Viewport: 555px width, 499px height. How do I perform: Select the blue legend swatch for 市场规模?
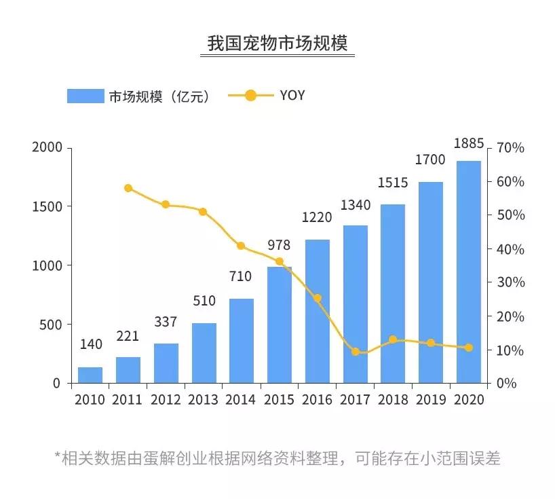tap(85, 96)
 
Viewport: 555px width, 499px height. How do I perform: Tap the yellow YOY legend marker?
tap(250, 96)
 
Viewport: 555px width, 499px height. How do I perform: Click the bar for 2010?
tap(90, 375)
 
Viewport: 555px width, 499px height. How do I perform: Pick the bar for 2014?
tap(242, 341)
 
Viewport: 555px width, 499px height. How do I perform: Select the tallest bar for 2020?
tap(469, 272)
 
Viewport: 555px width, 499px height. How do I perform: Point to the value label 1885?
tap(469, 144)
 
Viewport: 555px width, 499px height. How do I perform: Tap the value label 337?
tap(166, 322)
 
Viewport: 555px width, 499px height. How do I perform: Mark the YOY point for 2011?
tap(128, 188)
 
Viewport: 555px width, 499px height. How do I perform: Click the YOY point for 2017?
tap(356, 352)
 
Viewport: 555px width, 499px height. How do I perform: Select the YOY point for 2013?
tap(203, 212)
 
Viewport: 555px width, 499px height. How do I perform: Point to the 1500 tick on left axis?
tap(47, 206)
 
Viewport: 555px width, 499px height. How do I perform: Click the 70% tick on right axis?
tap(511, 148)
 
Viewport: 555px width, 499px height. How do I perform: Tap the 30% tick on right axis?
tap(511, 282)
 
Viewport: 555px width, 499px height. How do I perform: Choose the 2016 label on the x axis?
tap(318, 400)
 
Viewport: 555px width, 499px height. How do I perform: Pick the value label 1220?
tap(318, 218)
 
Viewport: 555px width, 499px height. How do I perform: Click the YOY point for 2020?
tap(469, 348)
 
